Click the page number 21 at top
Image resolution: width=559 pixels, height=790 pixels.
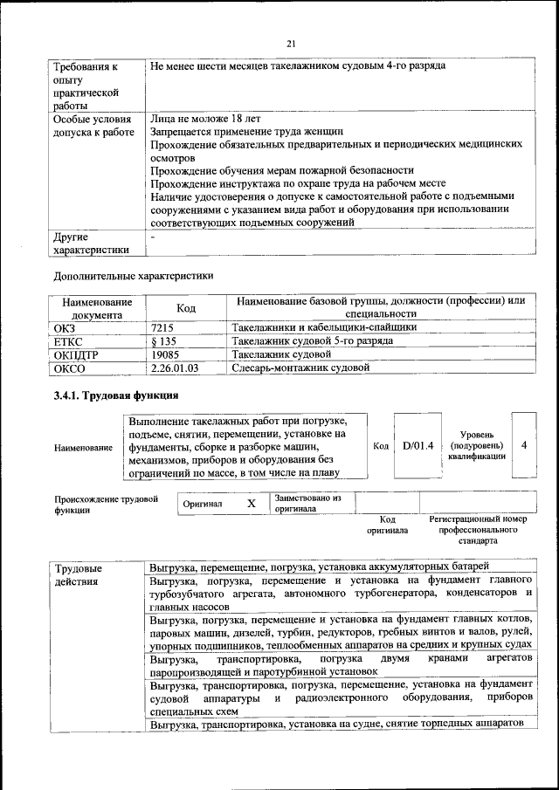(x=291, y=43)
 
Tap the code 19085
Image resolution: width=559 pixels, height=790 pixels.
(x=166, y=355)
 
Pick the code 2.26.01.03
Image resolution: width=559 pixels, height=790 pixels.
(x=176, y=368)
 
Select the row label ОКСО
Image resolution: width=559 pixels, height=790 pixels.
(x=69, y=368)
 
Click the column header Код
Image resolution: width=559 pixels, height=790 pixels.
(x=186, y=307)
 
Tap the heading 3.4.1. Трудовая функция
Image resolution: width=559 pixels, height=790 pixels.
(x=109, y=397)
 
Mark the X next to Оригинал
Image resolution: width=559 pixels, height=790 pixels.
(x=251, y=504)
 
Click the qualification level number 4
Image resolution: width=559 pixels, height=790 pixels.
(x=523, y=445)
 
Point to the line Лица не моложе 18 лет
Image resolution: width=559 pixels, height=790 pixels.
(x=205, y=118)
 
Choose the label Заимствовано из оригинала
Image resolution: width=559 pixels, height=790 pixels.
(x=307, y=504)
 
